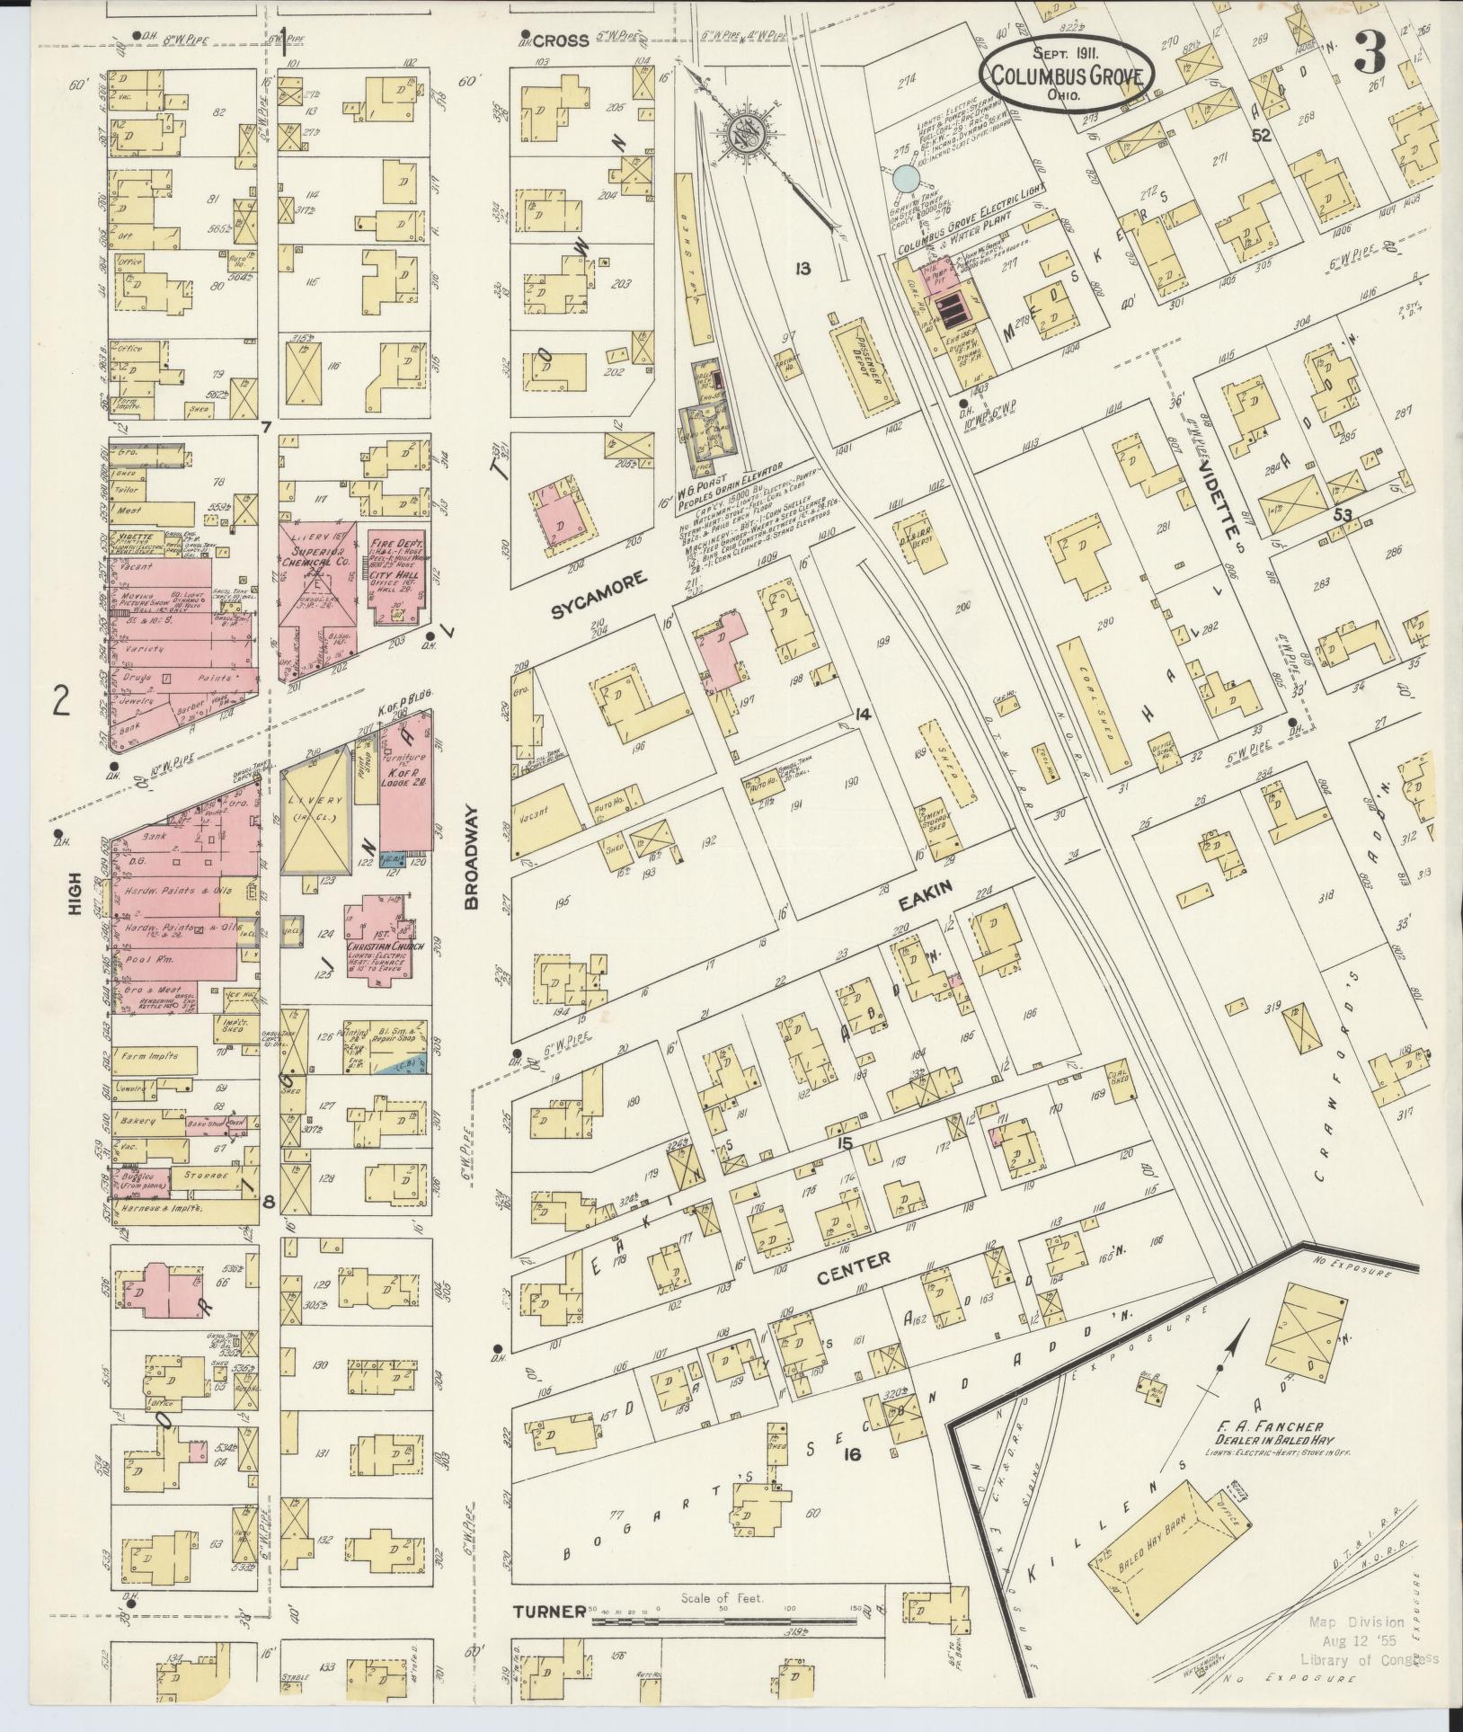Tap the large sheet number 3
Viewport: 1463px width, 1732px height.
(1371, 56)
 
